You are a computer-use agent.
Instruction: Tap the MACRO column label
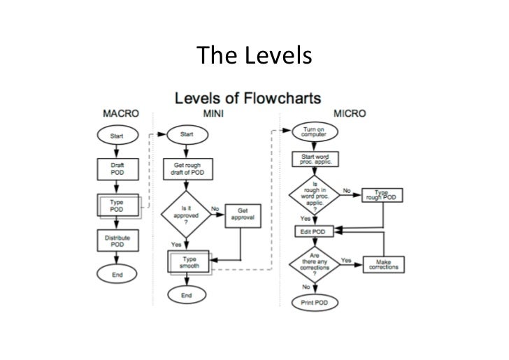coord(121,113)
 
